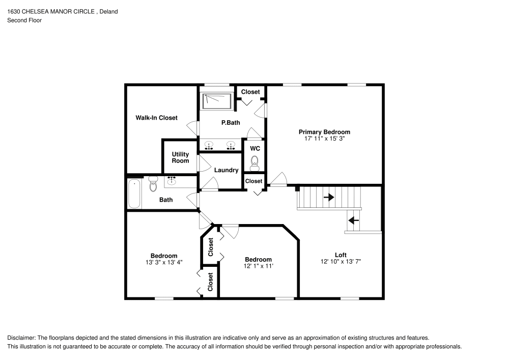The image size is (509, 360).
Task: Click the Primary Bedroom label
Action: click(x=324, y=132)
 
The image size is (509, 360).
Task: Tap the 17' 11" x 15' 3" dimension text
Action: click(x=324, y=139)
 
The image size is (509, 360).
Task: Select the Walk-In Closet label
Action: click(x=156, y=118)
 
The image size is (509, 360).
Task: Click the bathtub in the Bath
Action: click(x=134, y=193)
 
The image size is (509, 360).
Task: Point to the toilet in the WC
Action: click(x=255, y=162)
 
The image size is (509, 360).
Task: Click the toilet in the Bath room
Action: click(x=153, y=184)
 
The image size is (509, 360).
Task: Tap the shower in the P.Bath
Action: click(x=217, y=100)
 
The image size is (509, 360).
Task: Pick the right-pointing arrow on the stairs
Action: click(x=329, y=197)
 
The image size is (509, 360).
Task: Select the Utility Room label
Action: click(x=180, y=157)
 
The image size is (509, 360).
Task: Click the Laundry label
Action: click(x=226, y=170)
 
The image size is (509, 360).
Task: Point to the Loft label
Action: click(x=341, y=255)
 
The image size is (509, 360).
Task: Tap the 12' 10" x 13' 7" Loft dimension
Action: click(x=341, y=261)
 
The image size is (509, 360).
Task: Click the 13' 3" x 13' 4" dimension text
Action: click(x=163, y=262)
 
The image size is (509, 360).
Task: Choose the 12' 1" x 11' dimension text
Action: click(x=258, y=266)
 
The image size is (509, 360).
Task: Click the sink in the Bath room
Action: click(x=172, y=181)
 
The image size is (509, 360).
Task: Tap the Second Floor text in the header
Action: click(x=24, y=20)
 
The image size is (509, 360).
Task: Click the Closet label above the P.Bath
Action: click(x=250, y=92)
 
